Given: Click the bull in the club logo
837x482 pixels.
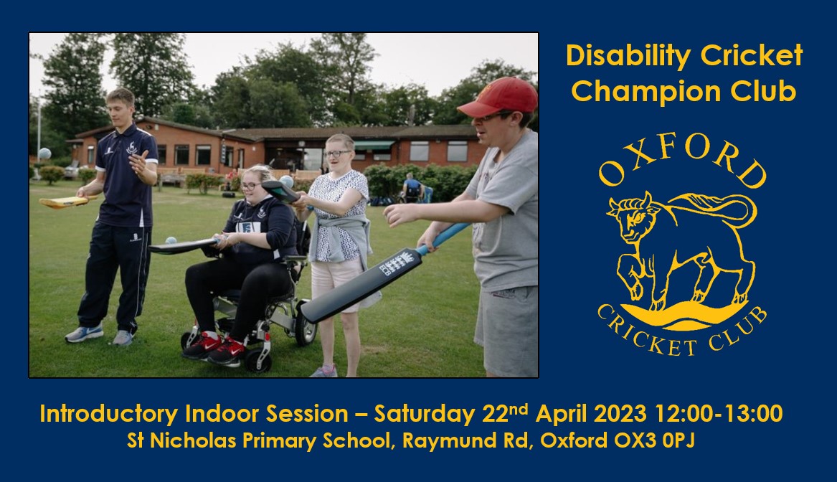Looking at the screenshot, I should (x=678, y=244).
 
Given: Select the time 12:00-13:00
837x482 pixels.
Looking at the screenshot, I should (x=719, y=415).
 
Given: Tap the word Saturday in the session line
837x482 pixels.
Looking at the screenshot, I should (x=423, y=415).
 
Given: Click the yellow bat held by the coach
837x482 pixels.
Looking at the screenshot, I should (x=65, y=202).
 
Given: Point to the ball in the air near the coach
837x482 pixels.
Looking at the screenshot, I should (x=44, y=153).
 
